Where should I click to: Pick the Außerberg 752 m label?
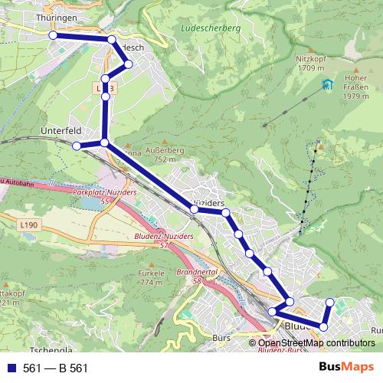(170, 155)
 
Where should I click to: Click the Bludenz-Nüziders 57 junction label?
(163, 240)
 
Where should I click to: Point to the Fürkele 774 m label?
(152, 277)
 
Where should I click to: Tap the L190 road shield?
(28, 224)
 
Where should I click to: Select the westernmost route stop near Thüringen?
(53, 35)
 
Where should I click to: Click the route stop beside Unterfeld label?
(77, 146)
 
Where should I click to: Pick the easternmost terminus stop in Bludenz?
(330, 303)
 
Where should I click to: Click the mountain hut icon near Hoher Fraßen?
(328, 84)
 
